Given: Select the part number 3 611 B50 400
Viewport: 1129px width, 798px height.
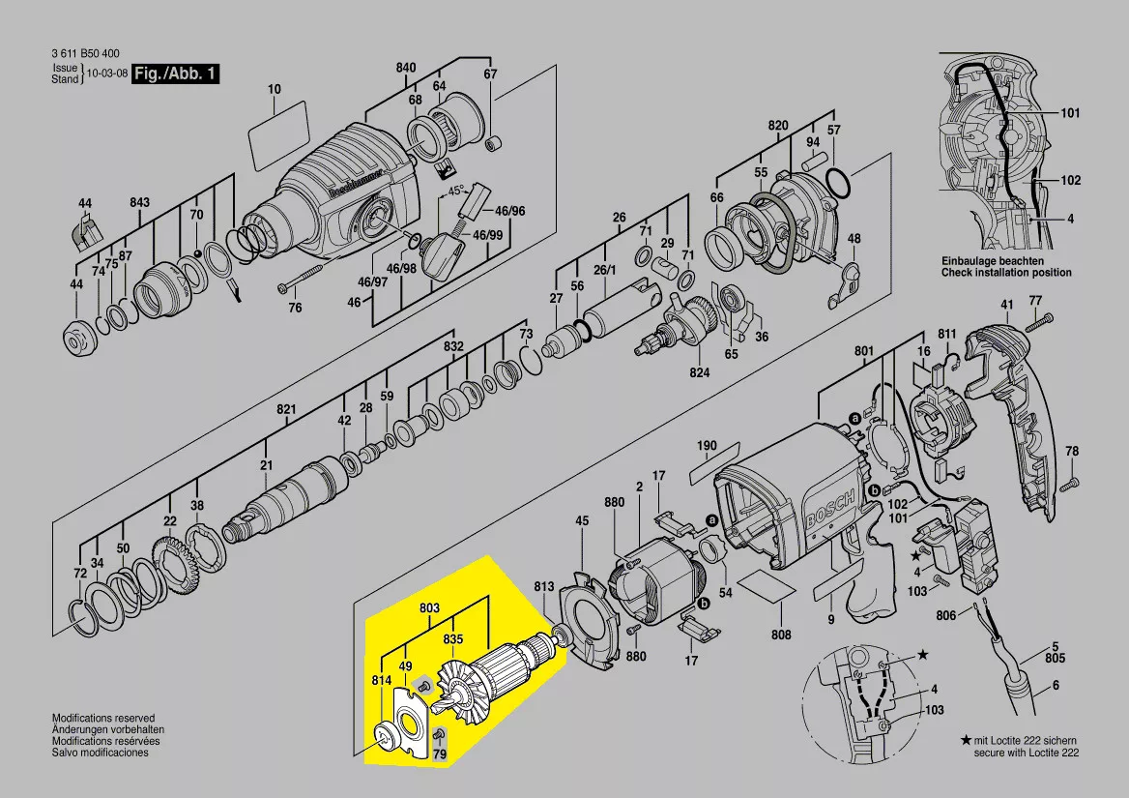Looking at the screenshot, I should (86, 54).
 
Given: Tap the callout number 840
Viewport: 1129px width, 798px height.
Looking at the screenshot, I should (406, 68).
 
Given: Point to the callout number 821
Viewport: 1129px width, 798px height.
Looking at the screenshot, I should (287, 410).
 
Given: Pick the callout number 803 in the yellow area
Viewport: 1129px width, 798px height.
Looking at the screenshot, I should (430, 607).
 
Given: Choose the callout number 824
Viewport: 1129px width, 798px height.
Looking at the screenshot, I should (699, 372).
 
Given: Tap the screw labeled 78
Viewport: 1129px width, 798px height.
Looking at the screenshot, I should (1065, 488).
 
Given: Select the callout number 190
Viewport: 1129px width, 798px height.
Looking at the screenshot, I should (708, 446).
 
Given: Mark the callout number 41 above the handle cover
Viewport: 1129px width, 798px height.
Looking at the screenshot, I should (1007, 305).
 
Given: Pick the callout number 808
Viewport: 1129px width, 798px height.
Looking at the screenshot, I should (781, 635).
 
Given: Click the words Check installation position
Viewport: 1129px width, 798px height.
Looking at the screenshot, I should (1006, 273).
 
